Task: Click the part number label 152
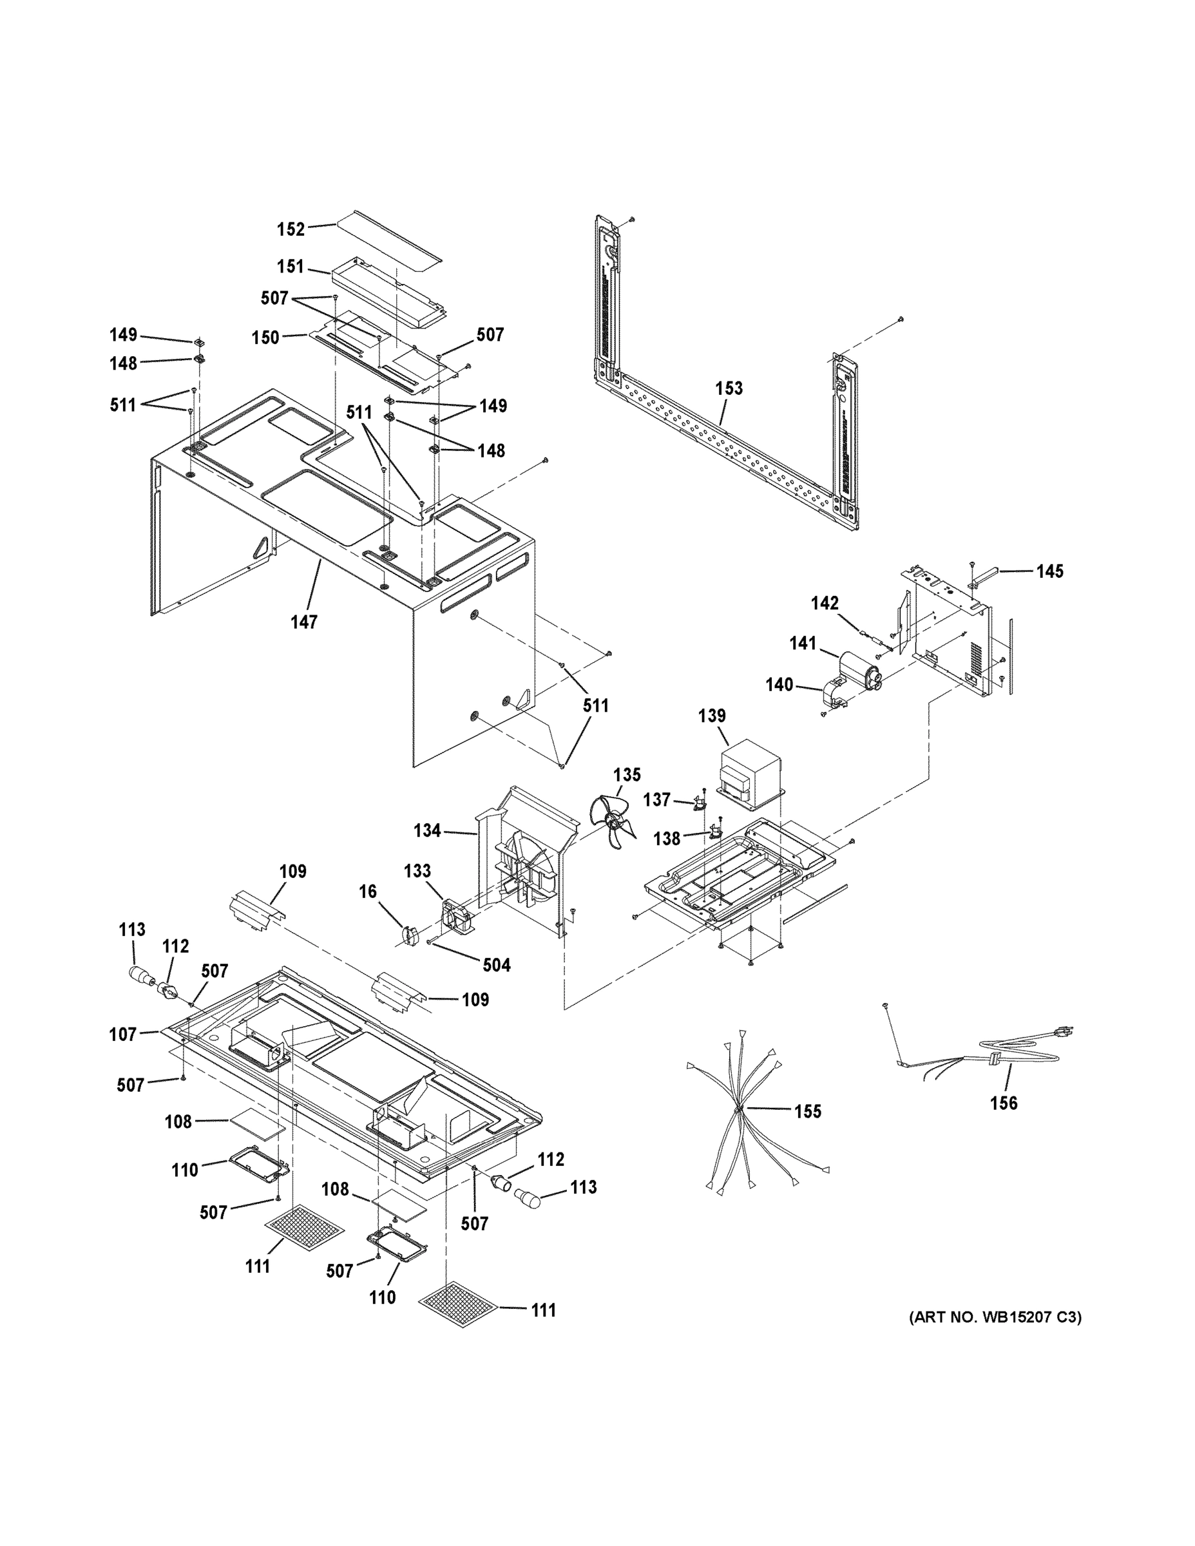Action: pyautogui.click(x=291, y=229)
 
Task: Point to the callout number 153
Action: pyautogui.click(x=729, y=388)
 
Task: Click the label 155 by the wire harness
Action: pyautogui.click(x=807, y=1111)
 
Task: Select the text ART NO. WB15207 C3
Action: pyautogui.click(x=995, y=1317)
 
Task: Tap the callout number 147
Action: pyautogui.click(x=303, y=622)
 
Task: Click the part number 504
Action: pyautogui.click(x=495, y=966)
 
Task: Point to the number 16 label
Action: pyautogui.click(x=368, y=892)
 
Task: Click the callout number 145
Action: pyautogui.click(x=1050, y=571)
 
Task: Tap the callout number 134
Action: pyautogui.click(x=428, y=831)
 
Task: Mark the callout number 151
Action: pyautogui.click(x=291, y=267)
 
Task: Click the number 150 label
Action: pyautogui.click(x=265, y=338)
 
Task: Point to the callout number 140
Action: pyautogui.click(x=779, y=685)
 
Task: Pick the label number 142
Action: pyautogui.click(x=825, y=603)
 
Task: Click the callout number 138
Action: pyautogui.click(x=667, y=839)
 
